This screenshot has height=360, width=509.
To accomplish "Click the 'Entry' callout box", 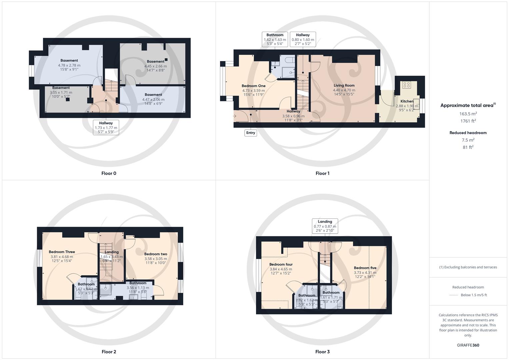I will [250, 133].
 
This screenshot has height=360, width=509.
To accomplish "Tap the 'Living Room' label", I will [344, 85].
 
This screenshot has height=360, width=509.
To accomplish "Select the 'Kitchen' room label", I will [407, 101].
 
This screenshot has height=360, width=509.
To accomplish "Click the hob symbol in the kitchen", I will [406, 85].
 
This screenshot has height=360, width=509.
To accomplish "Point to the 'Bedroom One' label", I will [253, 86].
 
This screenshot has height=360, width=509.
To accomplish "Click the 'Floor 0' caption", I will [109, 173].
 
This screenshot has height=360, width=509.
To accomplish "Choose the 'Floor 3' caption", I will [322, 352].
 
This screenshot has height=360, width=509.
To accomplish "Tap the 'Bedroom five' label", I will [365, 268].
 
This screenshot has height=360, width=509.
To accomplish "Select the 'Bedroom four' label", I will [281, 265].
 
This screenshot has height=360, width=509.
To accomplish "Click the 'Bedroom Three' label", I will [62, 252].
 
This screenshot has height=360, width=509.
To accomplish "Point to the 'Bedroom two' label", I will [156, 254].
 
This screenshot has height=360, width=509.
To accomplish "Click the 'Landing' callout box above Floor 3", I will [325, 226].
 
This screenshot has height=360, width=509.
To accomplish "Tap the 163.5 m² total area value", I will [468, 114].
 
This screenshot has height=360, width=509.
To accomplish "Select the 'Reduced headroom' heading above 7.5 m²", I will [468, 133].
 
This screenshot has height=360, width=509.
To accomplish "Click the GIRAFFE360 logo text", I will [468, 345].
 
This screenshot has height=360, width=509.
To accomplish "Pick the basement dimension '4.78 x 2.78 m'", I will [70, 65].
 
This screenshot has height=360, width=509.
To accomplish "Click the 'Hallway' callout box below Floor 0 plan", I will [106, 127].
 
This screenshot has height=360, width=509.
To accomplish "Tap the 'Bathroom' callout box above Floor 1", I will [275, 39].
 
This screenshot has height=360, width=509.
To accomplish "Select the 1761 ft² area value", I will [468, 121].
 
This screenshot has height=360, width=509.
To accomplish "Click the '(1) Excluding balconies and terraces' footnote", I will [468, 267].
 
